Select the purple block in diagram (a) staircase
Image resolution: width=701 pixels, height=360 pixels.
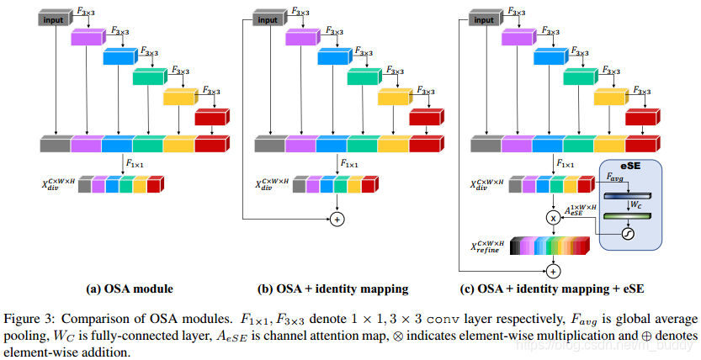(87, 38)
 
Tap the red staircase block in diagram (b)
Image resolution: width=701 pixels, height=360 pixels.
(425, 118)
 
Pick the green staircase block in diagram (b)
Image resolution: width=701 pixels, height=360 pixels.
(364, 77)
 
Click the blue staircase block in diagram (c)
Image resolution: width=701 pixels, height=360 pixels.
(550, 57)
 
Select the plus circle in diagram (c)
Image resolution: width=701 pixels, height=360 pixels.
(553, 272)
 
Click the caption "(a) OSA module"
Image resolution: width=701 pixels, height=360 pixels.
(130, 289)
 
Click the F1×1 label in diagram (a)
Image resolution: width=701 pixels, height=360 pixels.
(135, 162)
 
